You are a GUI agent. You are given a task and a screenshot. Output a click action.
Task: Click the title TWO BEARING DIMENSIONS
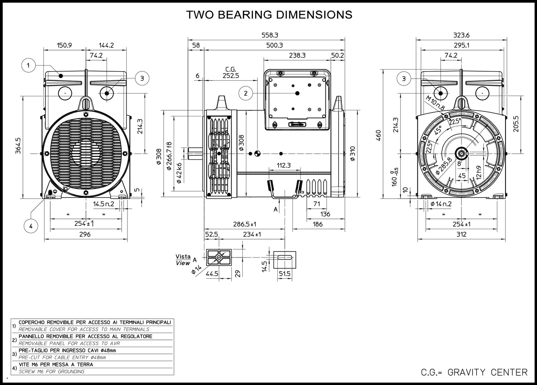click(269, 15)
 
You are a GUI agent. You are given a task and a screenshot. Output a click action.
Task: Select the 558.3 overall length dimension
click(270, 35)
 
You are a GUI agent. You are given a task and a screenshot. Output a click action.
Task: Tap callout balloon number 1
click(29, 65)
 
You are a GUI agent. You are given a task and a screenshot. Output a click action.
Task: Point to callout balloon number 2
click(246, 93)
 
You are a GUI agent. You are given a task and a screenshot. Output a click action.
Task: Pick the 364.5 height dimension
click(18, 146)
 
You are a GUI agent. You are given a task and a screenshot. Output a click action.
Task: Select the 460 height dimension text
click(378, 135)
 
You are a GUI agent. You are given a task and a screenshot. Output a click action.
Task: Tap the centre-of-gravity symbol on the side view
click(257, 154)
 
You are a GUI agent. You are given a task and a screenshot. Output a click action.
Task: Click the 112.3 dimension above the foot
click(284, 165)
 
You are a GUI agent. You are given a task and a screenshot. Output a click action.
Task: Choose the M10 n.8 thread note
click(435, 103)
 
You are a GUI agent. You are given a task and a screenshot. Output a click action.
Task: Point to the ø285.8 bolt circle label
click(444, 166)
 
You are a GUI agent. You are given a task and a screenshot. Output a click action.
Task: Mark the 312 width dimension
click(461, 234)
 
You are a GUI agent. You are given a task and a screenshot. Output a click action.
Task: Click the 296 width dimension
click(85, 234)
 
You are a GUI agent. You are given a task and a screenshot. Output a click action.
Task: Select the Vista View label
click(183, 260)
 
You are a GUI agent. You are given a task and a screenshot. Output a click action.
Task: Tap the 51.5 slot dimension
click(285, 274)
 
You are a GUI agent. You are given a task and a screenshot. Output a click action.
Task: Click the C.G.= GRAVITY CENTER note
click(474, 372)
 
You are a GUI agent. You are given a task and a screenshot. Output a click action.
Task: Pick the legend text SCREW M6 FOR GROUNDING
click(52, 371)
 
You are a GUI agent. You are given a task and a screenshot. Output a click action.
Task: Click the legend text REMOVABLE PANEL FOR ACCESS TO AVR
click(69, 343)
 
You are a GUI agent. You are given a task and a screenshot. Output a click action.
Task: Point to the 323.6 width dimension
click(461, 35)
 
